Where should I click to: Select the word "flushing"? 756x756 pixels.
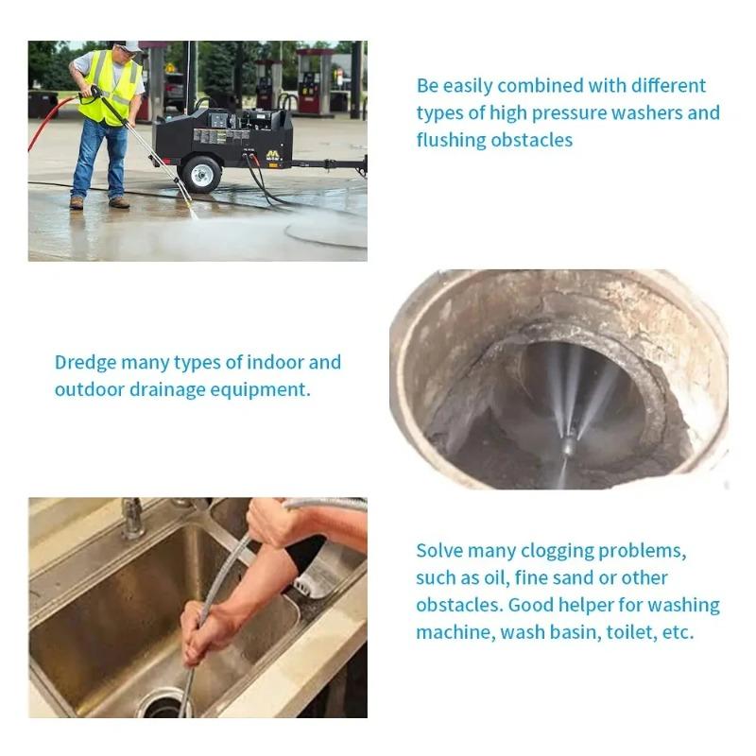tap(453, 141)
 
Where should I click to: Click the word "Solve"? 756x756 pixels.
tap(440, 551)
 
